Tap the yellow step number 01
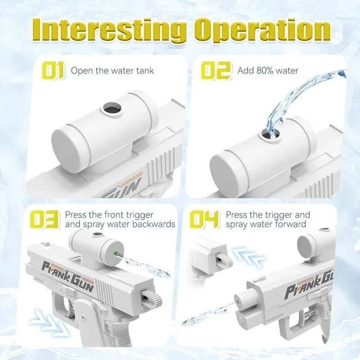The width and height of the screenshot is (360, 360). click(x=53, y=71)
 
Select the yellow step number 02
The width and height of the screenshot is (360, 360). click(x=216, y=71)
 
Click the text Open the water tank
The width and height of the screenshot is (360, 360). click(x=112, y=71)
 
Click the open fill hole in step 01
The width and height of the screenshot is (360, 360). click(x=112, y=108)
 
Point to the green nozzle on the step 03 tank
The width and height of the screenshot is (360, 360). click(x=115, y=254)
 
